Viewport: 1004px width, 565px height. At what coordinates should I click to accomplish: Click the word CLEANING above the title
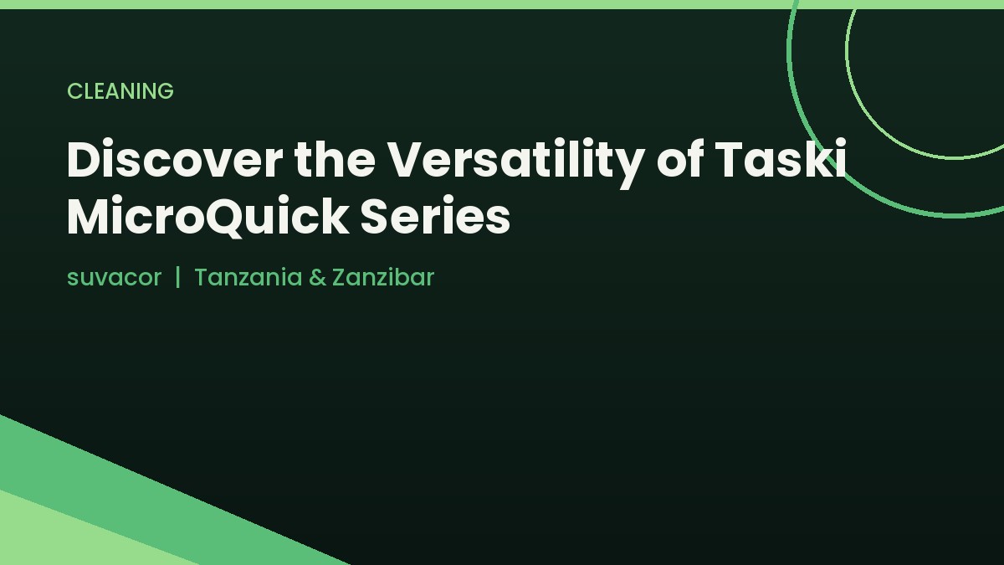pos(120,91)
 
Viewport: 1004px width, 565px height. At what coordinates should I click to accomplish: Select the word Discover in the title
pos(175,160)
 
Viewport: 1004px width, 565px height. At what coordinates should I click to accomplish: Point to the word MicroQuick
pos(207,216)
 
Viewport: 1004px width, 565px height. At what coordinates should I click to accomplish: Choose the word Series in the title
pos(435,215)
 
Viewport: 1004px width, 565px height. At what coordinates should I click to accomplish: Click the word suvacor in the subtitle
pos(114,278)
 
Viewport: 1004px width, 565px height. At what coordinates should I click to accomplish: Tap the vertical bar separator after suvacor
pos(178,277)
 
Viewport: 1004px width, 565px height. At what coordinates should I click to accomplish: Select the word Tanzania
pos(248,277)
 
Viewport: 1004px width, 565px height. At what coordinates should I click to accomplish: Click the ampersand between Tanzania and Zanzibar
pos(317,277)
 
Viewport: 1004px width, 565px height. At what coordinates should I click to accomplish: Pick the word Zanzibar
pos(383,277)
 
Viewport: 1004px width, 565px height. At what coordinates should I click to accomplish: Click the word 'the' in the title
pos(335,159)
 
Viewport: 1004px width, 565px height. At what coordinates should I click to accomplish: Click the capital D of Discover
pos(85,160)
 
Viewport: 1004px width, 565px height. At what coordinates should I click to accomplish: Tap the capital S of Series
pos(374,216)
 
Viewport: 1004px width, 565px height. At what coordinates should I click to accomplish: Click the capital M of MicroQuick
pos(91,216)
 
